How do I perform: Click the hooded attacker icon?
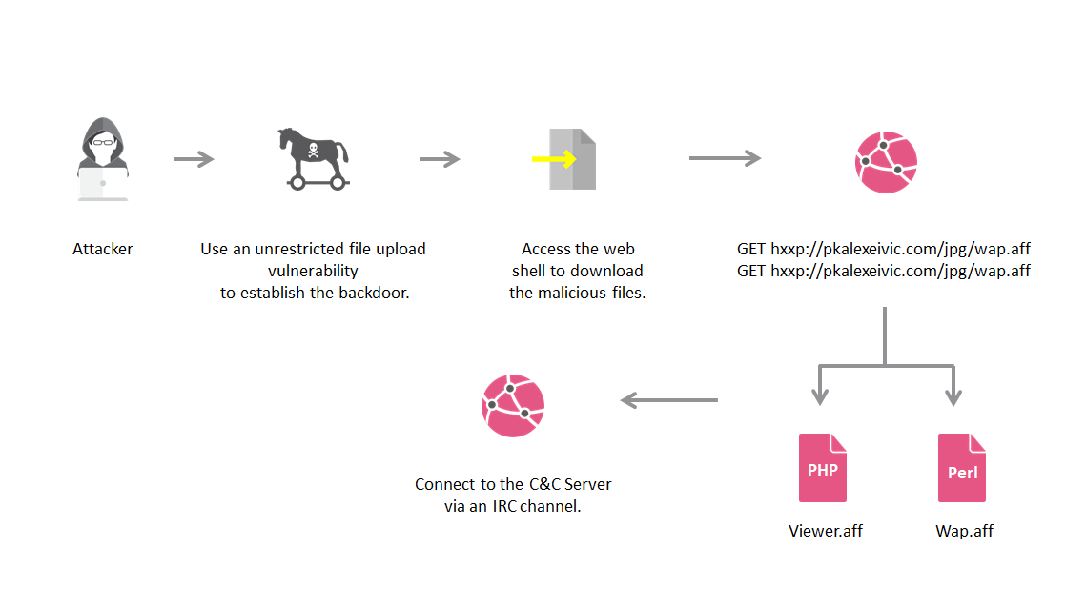[102, 158]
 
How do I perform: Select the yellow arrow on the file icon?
[554, 159]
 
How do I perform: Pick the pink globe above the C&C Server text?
[513, 405]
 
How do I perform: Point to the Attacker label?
[103, 249]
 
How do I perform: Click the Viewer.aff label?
[826, 531]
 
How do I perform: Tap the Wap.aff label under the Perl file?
[964, 531]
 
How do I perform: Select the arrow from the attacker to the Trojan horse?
[194, 159]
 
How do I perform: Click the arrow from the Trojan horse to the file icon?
[440, 159]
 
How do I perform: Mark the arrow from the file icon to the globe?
[725, 158]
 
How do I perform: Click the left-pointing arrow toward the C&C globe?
[669, 400]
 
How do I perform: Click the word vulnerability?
[313, 271]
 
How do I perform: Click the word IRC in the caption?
[505, 506]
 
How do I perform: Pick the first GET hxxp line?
[884, 249]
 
